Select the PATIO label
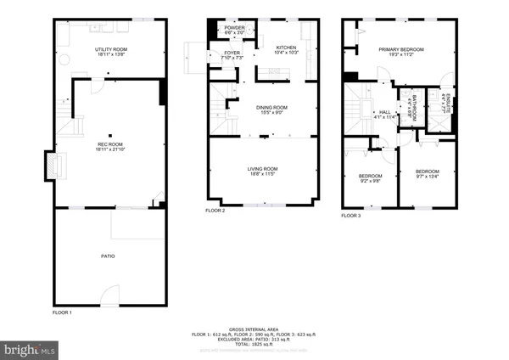pos(108,256)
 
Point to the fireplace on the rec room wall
pos(53,164)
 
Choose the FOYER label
pos(232,55)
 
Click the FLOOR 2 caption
pos(215,211)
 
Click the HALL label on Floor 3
pos(384,114)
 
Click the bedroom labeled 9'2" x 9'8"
pos(370,178)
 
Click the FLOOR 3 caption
pos(350,217)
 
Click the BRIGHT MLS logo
pos(30,348)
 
